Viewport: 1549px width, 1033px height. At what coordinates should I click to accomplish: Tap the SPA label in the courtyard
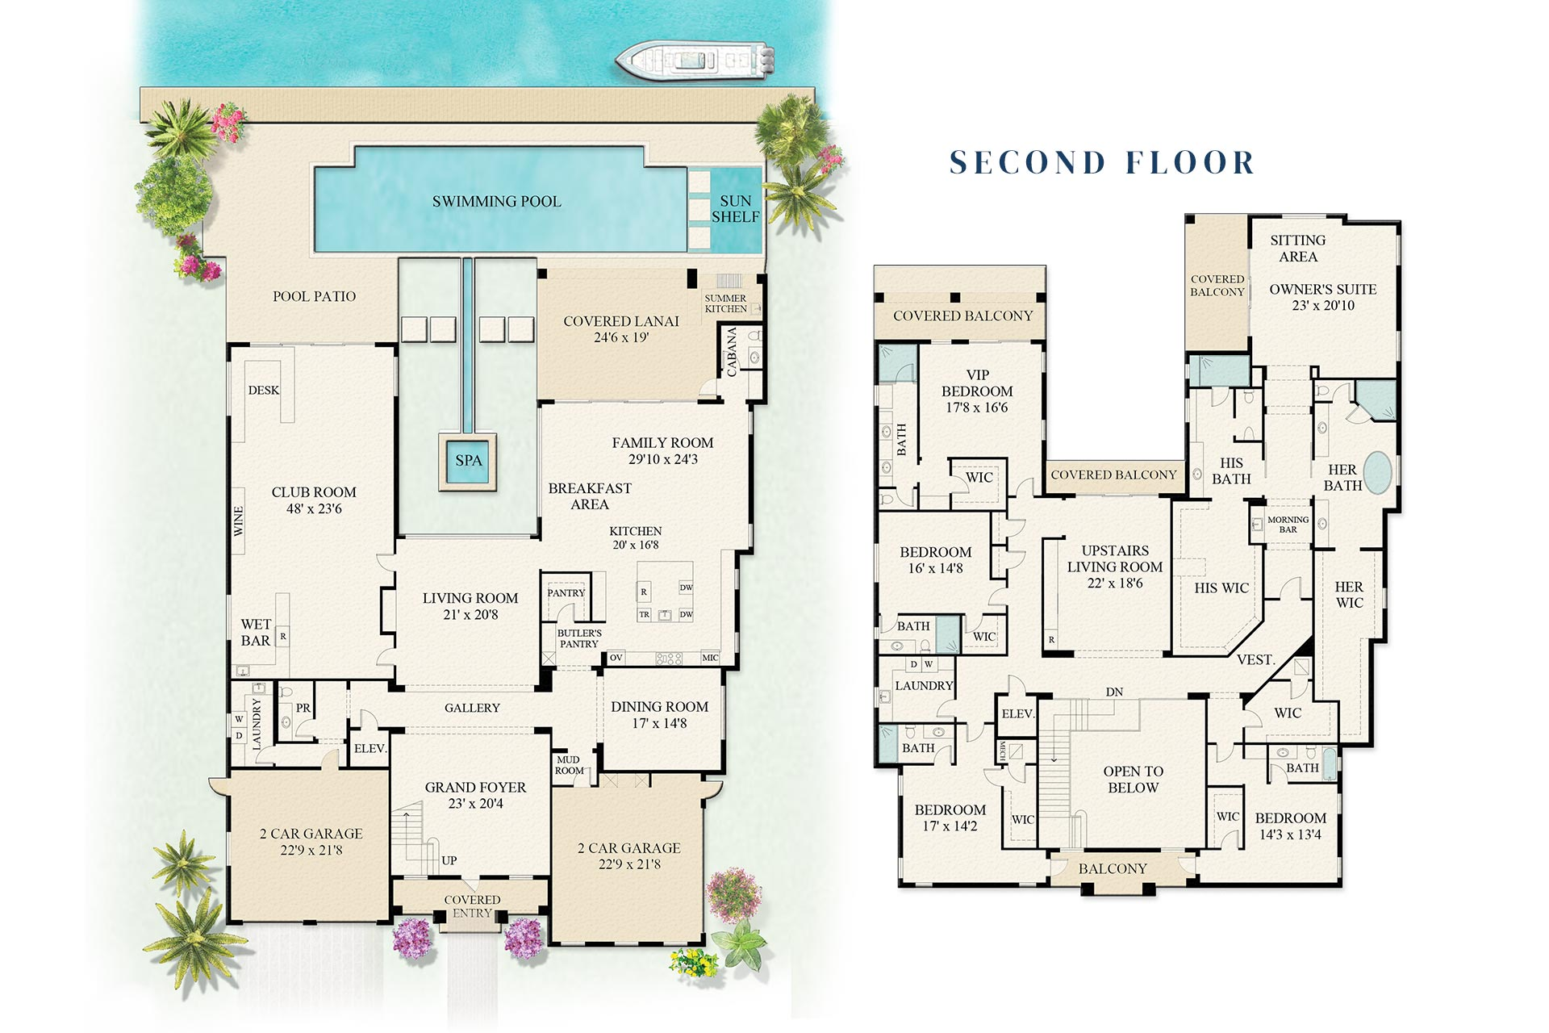(x=468, y=461)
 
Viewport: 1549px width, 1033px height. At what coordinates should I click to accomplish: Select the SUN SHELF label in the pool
(x=735, y=209)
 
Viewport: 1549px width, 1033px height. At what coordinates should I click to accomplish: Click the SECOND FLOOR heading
(x=1102, y=163)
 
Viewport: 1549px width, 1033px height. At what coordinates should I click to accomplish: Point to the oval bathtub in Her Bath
(x=1377, y=472)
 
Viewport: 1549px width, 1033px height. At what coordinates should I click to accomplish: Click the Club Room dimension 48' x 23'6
(x=314, y=508)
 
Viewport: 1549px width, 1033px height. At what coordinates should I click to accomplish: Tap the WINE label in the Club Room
(x=239, y=521)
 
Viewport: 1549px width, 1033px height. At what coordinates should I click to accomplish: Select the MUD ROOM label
(x=569, y=765)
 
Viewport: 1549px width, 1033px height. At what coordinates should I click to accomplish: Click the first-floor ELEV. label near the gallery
(x=370, y=749)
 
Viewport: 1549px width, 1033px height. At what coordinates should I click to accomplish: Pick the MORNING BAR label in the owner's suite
(x=1288, y=525)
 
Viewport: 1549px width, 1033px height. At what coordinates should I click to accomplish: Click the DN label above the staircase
(x=1114, y=692)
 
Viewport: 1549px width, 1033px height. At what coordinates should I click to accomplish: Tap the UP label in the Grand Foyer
(x=449, y=860)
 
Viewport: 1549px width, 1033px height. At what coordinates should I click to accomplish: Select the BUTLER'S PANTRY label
(x=579, y=638)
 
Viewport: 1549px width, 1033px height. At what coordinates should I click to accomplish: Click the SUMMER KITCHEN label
(x=725, y=303)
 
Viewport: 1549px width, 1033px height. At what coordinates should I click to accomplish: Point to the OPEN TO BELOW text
(x=1133, y=780)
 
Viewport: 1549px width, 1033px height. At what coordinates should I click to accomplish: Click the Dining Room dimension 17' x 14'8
(x=659, y=723)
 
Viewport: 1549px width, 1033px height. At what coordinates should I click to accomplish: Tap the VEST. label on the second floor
(x=1255, y=660)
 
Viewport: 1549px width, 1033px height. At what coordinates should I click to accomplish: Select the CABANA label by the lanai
(x=732, y=352)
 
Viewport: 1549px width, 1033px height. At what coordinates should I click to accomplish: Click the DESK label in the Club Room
(x=263, y=391)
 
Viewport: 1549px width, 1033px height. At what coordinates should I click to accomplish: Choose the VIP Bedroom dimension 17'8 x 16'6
(x=977, y=408)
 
